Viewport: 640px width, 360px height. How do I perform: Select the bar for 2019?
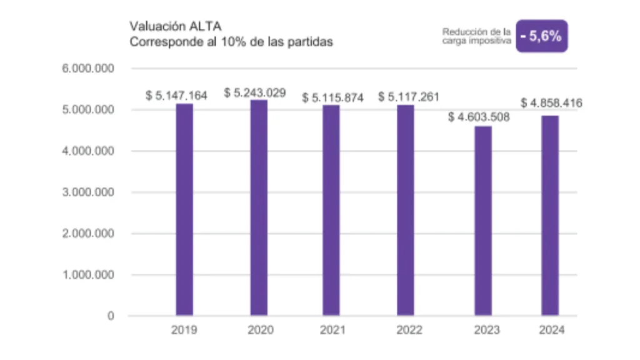[184, 209]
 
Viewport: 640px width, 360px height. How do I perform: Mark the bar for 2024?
[550, 216]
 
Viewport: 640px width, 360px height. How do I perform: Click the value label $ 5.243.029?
[255, 93]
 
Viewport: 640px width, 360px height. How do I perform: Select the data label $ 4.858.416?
[551, 103]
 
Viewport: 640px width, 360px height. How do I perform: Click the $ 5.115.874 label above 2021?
[332, 98]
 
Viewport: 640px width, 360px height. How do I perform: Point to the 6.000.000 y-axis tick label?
[88, 68]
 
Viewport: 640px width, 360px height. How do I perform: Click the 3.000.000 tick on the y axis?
[88, 192]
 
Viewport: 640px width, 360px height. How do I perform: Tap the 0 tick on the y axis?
[111, 316]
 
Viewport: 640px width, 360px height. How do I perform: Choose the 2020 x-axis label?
[260, 331]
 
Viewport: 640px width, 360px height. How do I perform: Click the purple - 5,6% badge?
[542, 36]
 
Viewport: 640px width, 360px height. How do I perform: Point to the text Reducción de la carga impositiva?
[477, 36]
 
